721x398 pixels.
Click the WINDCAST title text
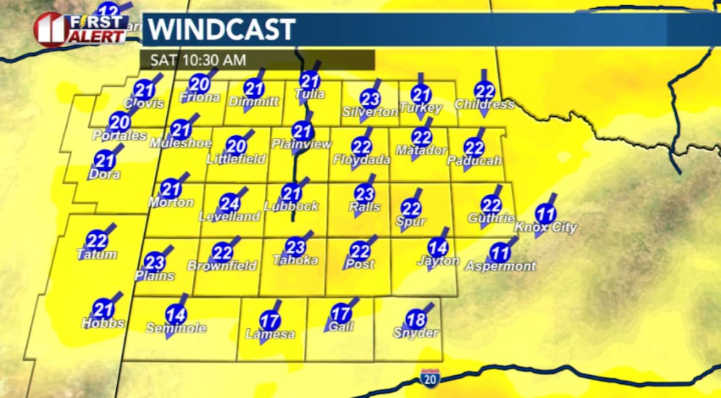pos(221,30)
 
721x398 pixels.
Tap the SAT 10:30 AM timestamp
pos(199,60)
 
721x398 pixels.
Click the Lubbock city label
pos(291,207)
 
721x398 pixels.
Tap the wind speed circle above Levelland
pos(230,204)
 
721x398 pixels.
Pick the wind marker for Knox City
pos(545,215)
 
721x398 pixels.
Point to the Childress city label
pos(484,104)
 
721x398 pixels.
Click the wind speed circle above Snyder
pos(416,320)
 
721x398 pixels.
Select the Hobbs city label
pos(104,323)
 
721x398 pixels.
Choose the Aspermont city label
pos(501,266)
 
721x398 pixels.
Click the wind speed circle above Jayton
pos(438,248)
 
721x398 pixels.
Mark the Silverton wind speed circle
pos(370,98)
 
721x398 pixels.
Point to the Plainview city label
pos(302,144)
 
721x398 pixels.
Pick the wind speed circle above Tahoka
pos(295,247)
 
